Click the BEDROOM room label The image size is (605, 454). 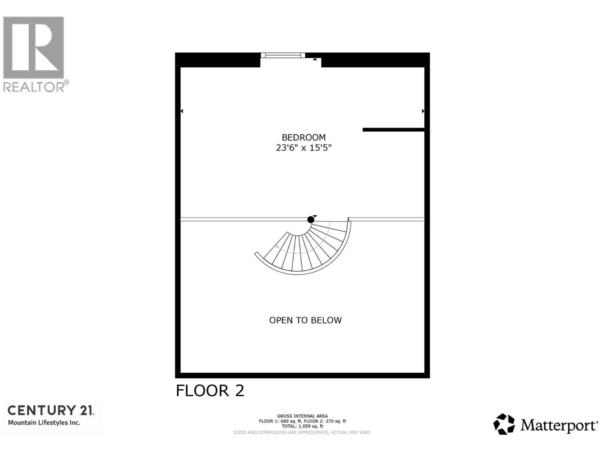(x=303, y=137)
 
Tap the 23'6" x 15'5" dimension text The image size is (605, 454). (x=303, y=148)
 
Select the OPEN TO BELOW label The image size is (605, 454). (x=305, y=320)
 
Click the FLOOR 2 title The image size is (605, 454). (x=210, y=391)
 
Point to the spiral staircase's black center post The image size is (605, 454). (x=311, y=219)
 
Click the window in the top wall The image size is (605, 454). (x=283, y=56)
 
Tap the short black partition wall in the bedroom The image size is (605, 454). (x=393, y=130)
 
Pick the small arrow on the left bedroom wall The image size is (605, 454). (x=182, y=111)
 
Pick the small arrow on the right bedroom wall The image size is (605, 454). (x=423, y=111)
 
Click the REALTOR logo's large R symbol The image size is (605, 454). (x=33, y=47)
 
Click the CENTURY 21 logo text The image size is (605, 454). (x=51, y=410)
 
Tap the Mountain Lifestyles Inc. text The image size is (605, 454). (x=44, y=423)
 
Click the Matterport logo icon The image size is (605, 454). (x=504, y=424)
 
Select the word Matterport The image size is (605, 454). (x=559, y=425)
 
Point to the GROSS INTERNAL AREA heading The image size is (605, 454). (x=302, y=416)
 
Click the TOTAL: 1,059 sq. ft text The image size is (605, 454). (x=302, y=426)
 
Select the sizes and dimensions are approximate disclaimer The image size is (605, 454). (x=302, y=432)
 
